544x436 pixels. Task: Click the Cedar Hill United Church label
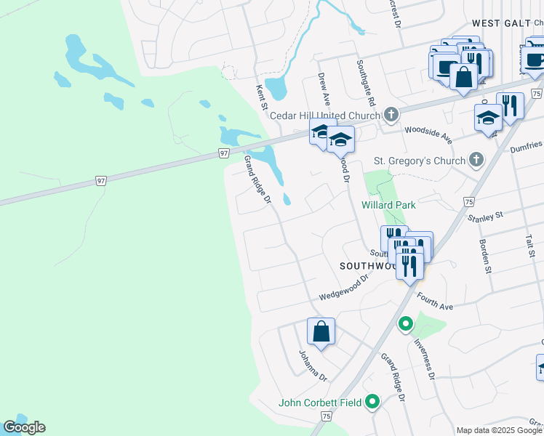click(x=324, y=116)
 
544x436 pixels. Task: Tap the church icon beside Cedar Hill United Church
click(x=391, y=114)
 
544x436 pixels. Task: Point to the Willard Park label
click(x=388, y=205)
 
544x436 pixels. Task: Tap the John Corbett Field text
click(x=321, y=403)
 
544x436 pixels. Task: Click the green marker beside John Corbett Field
click(x=373, y=401)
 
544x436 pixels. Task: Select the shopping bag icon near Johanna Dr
click(x=321, y=333)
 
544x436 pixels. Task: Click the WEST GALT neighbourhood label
click(x=501, y=23)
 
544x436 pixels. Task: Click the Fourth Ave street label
click(x=434, y=302)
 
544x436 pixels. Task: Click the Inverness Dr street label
click(x=423, y=360)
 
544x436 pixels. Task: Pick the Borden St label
click(x=482, y=255)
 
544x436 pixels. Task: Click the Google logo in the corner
click(x=24, y=427)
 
